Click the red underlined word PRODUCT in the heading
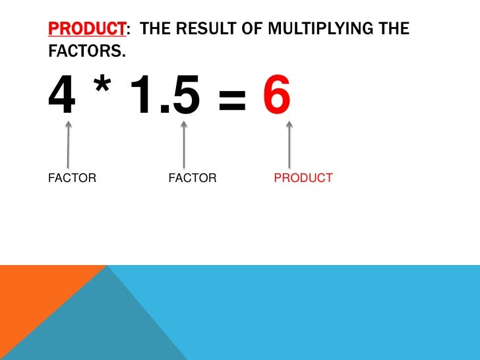coord(86,29)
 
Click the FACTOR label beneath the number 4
coord(73,178)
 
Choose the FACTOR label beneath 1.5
coord(193,178)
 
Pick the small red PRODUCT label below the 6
coord(303,178)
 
